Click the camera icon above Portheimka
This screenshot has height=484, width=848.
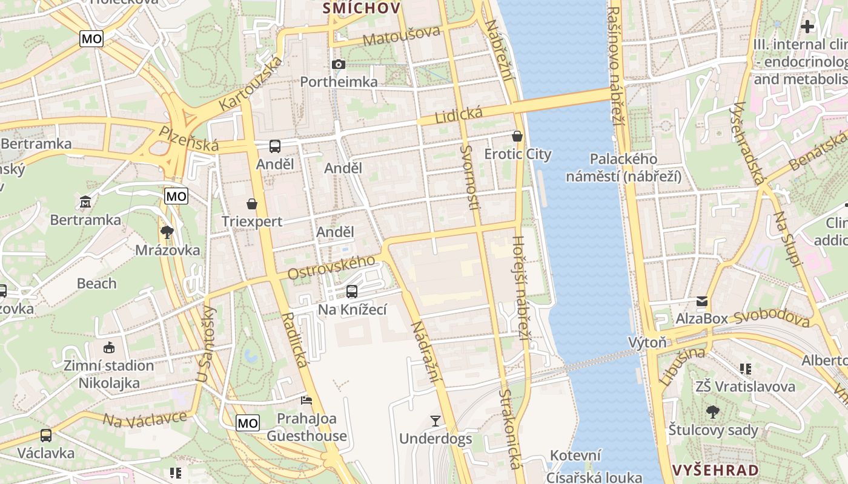pos(339,64)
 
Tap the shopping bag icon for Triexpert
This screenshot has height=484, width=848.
pos(252,204)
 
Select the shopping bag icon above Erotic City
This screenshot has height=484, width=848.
pos(517,136)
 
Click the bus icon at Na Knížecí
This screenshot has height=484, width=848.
pos(352,292)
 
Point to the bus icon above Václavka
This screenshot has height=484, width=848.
pos(45,435)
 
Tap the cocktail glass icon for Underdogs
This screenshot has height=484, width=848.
pos(435,420)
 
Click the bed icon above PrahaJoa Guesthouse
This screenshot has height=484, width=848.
pos(306,401)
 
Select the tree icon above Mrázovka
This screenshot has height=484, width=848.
pos(167,232)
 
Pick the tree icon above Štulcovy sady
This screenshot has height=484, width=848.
pos(713,412)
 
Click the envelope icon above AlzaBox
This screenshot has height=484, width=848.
pos(702,301)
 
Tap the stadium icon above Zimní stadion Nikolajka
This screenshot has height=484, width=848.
pos(109,347)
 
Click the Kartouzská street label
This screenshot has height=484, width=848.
pos(251,84)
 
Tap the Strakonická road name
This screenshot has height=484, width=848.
pos(510,430)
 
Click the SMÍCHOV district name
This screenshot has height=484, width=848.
pos(362,8)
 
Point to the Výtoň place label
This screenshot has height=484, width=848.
pos(647,343)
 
